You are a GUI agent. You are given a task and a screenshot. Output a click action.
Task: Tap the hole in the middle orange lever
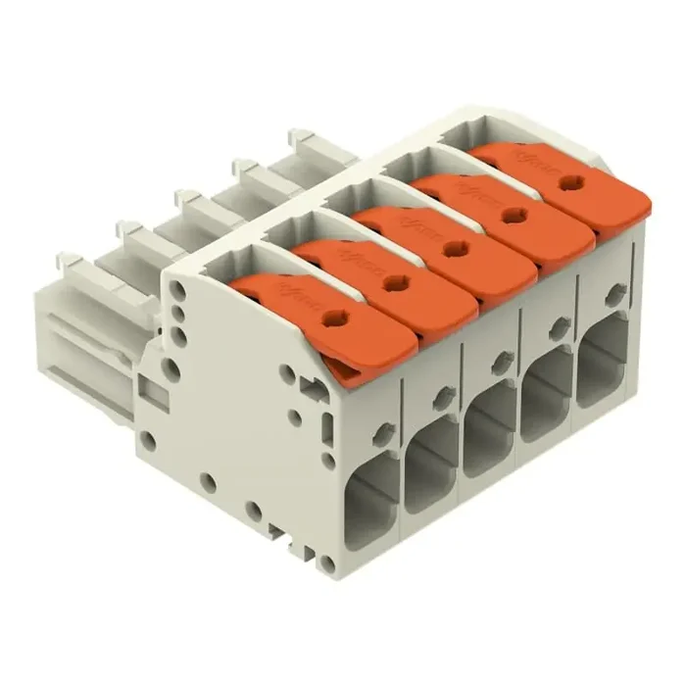tap(453, 250)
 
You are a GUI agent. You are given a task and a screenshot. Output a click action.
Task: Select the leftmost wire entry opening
tap(373, 499)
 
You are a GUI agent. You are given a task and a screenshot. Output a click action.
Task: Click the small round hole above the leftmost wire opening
tap(383, 427)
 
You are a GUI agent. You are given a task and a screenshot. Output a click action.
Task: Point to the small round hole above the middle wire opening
tap(502, 358)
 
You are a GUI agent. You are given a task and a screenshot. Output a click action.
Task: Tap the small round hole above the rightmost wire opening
tap(614, 291)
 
